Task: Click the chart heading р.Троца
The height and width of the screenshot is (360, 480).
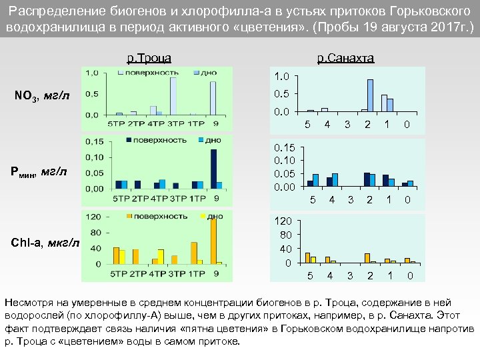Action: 149,58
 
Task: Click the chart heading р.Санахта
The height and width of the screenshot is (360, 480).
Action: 345,58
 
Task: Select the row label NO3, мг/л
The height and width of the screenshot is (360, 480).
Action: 42,96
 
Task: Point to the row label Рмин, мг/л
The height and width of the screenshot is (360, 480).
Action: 39,172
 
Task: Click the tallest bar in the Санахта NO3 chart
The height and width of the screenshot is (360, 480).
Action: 370,95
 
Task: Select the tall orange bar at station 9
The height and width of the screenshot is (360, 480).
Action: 213,241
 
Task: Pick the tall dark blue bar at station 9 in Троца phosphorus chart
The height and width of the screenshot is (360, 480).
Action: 213,169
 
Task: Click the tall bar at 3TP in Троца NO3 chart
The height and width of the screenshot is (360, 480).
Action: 173,96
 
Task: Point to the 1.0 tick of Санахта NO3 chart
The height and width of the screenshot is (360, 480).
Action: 282,76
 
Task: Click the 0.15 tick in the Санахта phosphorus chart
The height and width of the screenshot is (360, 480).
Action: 285,147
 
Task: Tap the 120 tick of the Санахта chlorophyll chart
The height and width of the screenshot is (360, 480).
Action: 283,221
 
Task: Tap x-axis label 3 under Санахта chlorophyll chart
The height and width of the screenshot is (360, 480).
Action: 348,275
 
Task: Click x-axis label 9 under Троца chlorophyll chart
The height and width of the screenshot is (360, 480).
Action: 216,273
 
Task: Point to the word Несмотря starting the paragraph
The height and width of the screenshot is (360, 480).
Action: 28,297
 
